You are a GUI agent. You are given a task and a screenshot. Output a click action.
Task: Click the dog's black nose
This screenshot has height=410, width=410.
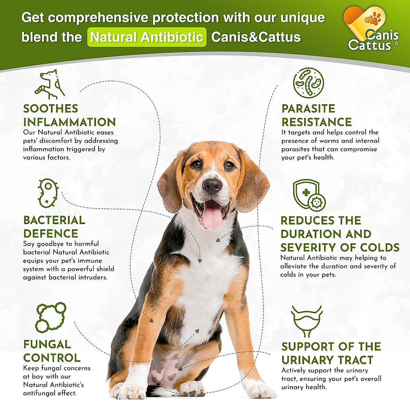pyautogui.click(x=212, y=186)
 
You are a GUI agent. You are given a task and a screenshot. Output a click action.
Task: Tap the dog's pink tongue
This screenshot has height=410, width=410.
pyautogui.click(x=213, y=217)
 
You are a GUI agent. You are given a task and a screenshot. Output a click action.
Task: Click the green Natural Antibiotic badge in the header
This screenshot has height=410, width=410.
pyautogui.click(x=147, y=37)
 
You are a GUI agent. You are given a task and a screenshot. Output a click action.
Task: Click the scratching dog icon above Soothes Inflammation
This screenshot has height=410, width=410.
pyautogui.click(x=50, y=84)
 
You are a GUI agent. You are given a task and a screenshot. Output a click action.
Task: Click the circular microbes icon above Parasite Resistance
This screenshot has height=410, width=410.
pyautogui.click(x=308, y=83)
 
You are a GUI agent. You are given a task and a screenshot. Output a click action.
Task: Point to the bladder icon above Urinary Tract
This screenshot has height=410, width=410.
pyautogui.click(x=306, y=322)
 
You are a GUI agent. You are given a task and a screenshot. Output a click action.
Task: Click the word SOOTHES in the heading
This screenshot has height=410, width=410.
pyautogui.click(x=51, y=109)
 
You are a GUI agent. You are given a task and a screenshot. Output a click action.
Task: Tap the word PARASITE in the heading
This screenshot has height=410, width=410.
pyautogui.click(x=308, y=109)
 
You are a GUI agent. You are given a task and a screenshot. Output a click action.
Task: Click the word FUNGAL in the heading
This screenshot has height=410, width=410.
pyautogui.click(x=47, y=344)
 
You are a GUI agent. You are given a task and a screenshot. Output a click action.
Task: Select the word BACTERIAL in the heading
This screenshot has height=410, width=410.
pyautogui.click(x=54, y=220)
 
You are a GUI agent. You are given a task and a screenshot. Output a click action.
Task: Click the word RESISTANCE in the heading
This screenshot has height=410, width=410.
pyautogui.click(x=316, y=122)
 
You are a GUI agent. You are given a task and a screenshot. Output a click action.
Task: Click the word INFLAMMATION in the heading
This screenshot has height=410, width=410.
pyautogui.click(x=69, y=122)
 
